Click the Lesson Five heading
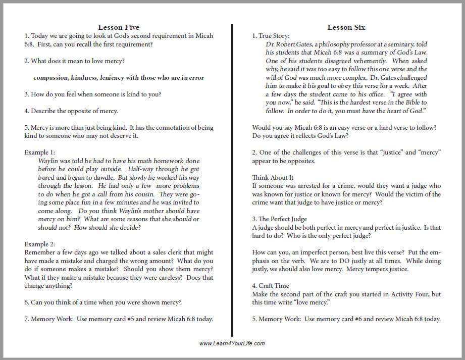click(x=119, y=27)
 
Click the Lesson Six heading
click(x=346, y=27)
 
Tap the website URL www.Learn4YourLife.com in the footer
click(x=232, y=343)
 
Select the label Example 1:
click(x=39, y=152)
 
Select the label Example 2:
click(x=39, y=244)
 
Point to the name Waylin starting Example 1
click(x=48, y=161)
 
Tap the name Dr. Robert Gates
click(x=289, y=44)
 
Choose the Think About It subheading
click(x=273, y=177)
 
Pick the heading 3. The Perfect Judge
click(x=280, y=219)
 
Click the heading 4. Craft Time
click(x=271, y=286)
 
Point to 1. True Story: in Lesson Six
click(x=271, y=35)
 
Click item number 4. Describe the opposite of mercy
click(x=71, y=111)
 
